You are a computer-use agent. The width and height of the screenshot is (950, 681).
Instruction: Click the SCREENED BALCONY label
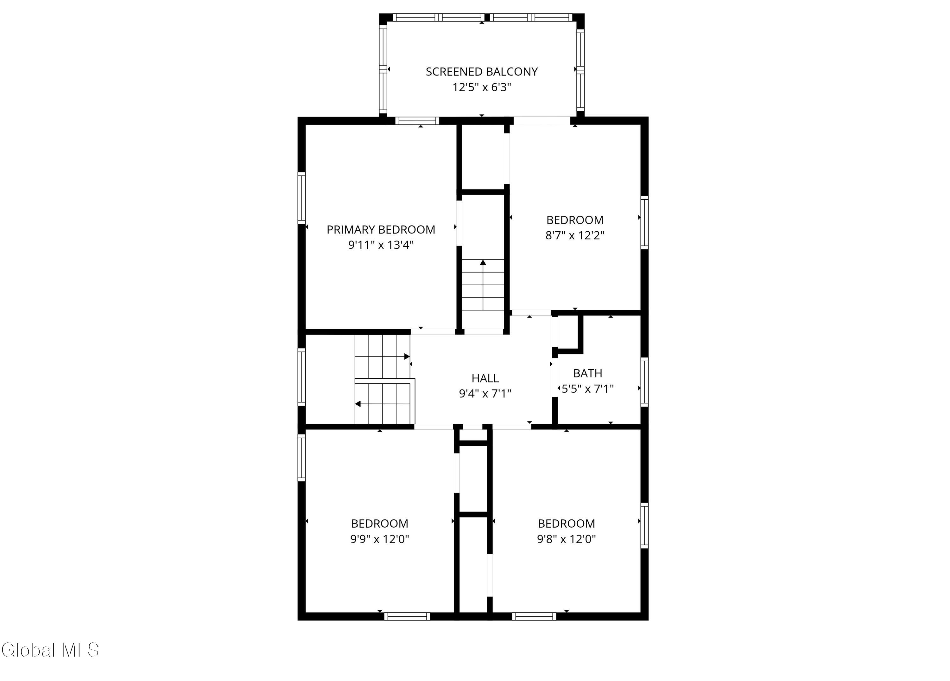(482, 72)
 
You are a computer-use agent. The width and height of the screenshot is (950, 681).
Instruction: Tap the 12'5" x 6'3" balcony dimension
(482, 87)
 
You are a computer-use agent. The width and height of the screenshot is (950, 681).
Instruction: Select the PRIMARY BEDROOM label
(381, 230)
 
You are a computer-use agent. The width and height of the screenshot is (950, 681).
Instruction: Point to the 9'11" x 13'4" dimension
(381, 245)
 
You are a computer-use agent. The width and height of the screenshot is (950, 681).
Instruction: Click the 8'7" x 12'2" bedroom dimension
(575, 235)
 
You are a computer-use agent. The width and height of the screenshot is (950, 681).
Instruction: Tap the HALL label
(485, 378)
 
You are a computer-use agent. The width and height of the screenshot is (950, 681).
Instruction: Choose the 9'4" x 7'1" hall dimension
(485, 394)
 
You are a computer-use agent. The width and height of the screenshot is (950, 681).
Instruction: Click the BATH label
(588, 373)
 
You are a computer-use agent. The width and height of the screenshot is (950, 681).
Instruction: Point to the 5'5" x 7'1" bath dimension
(588, 389)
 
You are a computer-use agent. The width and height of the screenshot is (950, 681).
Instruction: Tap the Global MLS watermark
(50, 650)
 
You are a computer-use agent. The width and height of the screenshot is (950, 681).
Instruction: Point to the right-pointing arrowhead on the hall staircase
(407, 357)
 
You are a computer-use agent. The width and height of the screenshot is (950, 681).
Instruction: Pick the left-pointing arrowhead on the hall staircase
(358, 404)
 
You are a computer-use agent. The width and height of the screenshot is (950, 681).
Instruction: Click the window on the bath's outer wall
(645, 382)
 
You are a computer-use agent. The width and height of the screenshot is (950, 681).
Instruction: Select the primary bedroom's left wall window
(301, 198)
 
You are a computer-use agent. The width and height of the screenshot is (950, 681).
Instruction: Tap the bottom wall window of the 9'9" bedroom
(407, 616)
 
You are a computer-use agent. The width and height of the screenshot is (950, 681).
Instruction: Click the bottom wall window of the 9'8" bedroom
(534, 616)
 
